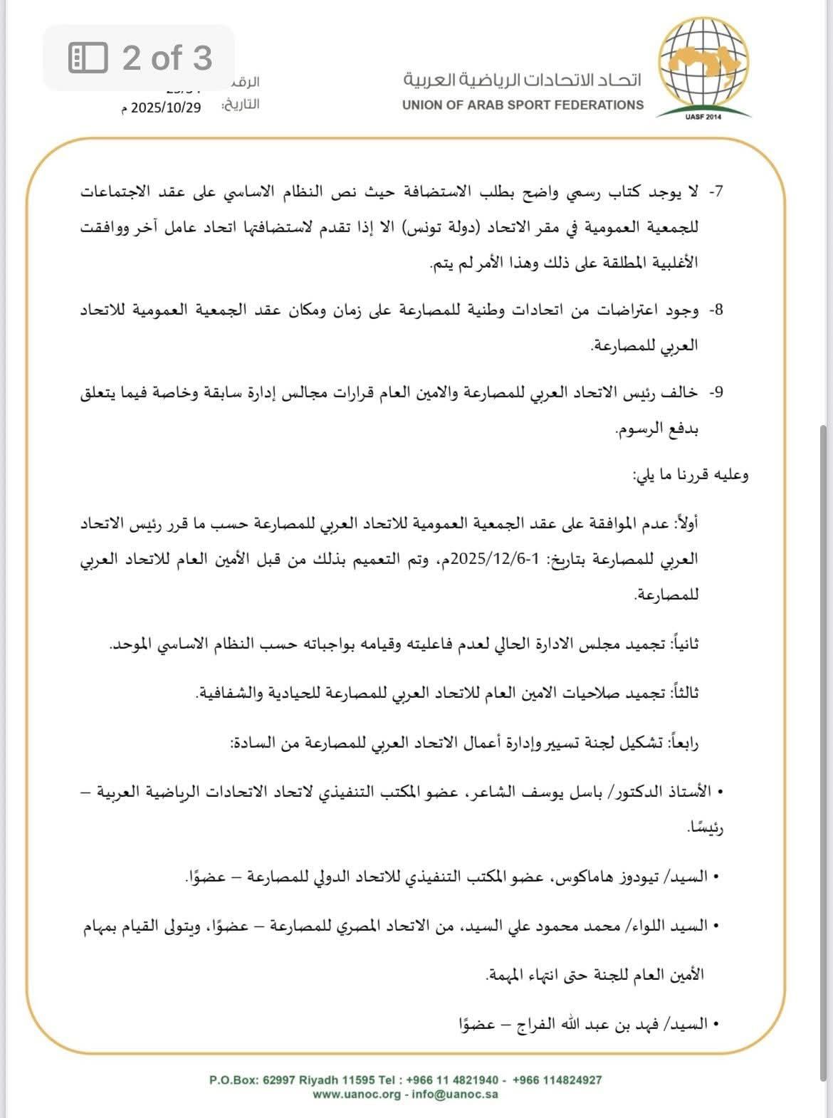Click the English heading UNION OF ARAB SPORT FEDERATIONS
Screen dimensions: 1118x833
[523, 105]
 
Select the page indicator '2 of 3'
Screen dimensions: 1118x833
[167, 58]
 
